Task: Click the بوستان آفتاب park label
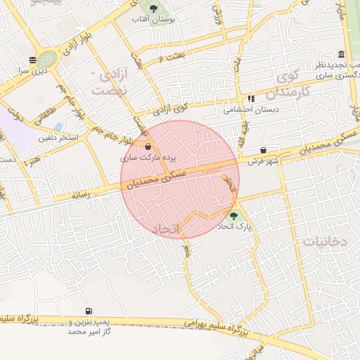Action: [x=153, y=19]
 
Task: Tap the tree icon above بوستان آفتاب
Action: [x=153, y=8]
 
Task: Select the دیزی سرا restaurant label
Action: [x=32, y=71]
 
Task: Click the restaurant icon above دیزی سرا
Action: [x=32, y=60]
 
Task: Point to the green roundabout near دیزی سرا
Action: [x=49, y=59]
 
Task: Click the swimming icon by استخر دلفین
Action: [x=58, y=127]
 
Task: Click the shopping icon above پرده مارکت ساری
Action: [x=148, y=148]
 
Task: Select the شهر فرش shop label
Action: [x=263, y=161]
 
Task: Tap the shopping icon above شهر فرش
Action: [x=264, y=150]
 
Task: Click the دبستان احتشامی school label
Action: [x=251, y=110]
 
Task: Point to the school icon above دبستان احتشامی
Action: [x=251, y=99]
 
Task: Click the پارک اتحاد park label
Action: [x=233, y=226]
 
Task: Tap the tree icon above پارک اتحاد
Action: [x=233, y=216]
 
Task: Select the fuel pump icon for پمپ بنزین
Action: [x=89, y=311]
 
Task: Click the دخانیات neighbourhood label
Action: [x=325, y=241]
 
